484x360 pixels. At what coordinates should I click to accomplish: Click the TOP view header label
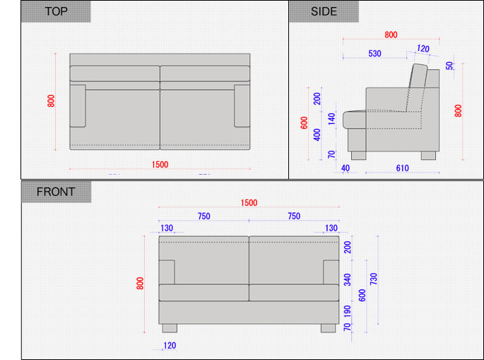point(56,11)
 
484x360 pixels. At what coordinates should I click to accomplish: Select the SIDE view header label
point(324,11)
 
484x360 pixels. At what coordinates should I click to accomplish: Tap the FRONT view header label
point(56,192)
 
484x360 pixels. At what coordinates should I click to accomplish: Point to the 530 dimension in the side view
point(374,54)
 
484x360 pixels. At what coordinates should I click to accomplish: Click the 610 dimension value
point(402,168)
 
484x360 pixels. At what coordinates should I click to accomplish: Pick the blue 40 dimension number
point(346,168)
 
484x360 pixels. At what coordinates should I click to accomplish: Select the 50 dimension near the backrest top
point(450,66)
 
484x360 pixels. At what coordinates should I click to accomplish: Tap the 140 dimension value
point(331,119)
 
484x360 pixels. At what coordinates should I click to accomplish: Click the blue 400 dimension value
point(317,134)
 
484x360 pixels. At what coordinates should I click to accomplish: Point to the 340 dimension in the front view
point(347,279)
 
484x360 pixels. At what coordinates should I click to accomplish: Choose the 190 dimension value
point(347,311)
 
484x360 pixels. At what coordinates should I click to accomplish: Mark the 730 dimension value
point(374,279)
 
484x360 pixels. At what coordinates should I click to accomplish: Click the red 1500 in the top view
point(160,164)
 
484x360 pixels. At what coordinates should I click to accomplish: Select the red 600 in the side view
point(304,122)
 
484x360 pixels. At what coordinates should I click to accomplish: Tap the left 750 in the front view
point(204,216)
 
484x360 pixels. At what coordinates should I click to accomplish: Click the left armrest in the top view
point(78,105)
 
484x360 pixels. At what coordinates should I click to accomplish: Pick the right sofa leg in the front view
point(328,328)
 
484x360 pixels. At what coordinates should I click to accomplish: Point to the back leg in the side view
point(428,156)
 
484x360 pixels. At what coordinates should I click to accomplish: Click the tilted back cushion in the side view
point(417,88)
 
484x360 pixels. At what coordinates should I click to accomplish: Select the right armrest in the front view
point(331,272)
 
